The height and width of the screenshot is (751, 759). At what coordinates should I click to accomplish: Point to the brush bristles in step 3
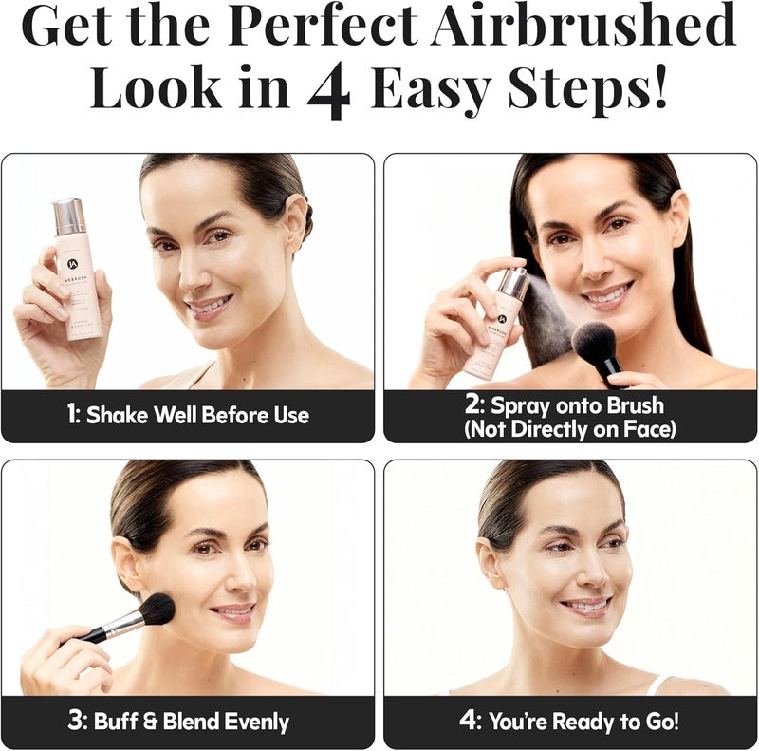coord(156,610)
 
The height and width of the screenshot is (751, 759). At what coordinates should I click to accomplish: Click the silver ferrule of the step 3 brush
coord(121,625)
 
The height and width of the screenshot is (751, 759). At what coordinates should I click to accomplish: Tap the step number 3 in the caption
coord(79,722)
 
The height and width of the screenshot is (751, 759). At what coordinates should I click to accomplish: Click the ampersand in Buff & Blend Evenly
coord(148,722)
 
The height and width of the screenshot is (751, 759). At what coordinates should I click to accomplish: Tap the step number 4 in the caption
coord(469,722)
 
